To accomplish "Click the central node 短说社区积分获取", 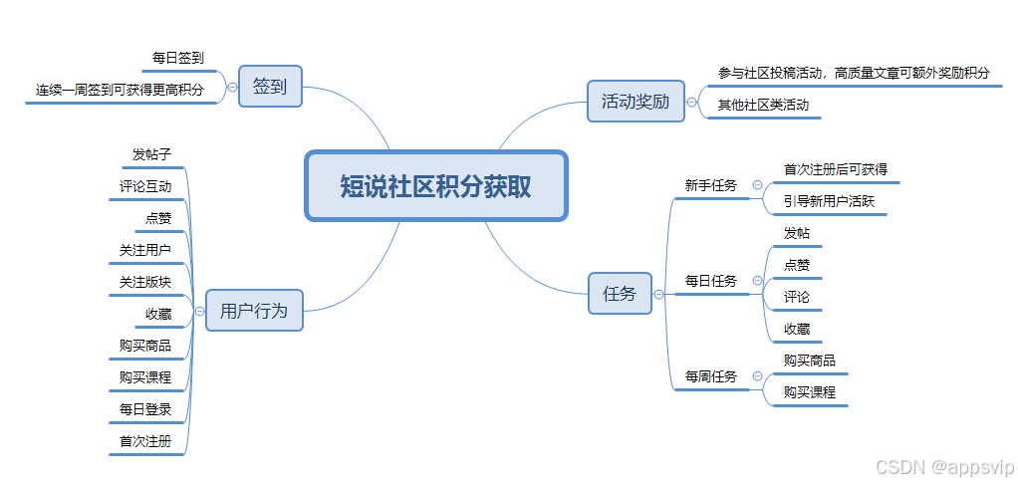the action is point(435,186).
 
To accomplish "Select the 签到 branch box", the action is point(269,87).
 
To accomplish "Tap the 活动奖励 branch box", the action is point(635,102).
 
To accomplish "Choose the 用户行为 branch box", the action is point(253,311).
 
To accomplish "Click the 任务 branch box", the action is point(619,294).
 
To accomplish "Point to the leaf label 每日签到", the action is point(178,59).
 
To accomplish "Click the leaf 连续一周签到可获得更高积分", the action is point(120,90).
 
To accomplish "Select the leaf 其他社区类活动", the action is point(763,105).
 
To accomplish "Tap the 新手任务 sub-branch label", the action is point(710,185).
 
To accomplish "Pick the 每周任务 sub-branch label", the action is point(710,376).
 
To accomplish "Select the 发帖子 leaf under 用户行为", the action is point(152,154).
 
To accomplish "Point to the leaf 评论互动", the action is point(145,186).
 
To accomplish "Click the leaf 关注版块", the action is point(145,282).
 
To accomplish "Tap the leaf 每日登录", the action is point(145,409).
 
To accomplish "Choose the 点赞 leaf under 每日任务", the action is point(797,265).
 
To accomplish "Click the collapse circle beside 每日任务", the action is point(757,281).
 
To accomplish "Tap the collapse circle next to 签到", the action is point(232,87).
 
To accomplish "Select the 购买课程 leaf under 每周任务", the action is point(809,392).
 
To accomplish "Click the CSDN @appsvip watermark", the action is point(941,466).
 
